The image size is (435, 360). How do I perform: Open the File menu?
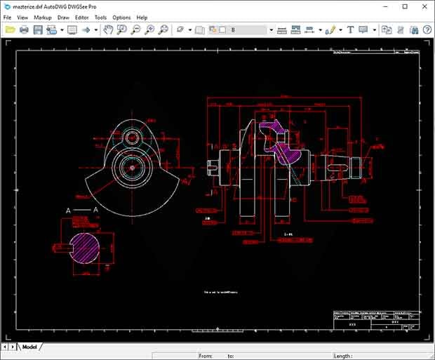[7, 17]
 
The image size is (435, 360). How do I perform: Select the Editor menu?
[82, 17]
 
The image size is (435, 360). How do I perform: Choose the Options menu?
[121, 17]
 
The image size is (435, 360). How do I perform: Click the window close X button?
[424, 6]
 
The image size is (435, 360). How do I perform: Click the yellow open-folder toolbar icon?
[10, 30]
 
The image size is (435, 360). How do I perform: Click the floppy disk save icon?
[38, 30]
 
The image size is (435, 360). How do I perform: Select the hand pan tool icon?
[108, 30]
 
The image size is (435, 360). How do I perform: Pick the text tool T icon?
[350, 30]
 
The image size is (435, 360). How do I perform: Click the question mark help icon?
[427, 30]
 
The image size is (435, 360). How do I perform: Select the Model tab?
[29, 347]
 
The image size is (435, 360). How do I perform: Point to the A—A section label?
[81, 210]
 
